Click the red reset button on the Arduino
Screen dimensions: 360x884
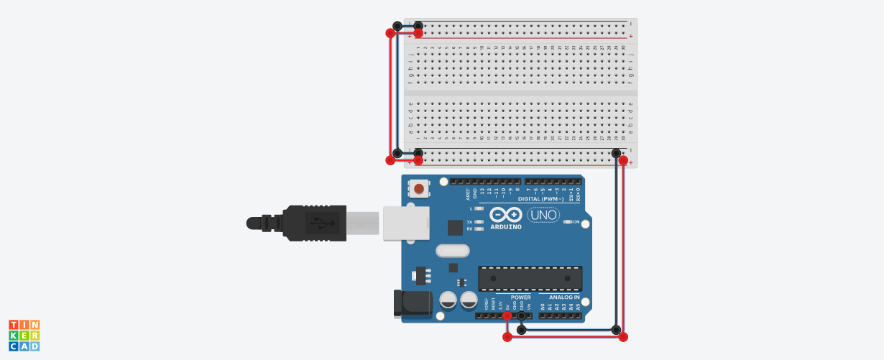[418, 188]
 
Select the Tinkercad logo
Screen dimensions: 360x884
[24, 336]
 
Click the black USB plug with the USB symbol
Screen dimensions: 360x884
[317, 223]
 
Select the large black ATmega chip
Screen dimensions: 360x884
[530, 279]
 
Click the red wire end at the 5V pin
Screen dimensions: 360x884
[507, 315]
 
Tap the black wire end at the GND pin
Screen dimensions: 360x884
[522, 329]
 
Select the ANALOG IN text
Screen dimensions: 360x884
[564, 297]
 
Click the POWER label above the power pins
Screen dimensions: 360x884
[520, 297]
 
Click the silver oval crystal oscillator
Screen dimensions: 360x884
[452, 251]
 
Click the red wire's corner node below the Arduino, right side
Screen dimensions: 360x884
[623, 336]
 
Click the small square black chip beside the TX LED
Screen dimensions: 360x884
[455, 228]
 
